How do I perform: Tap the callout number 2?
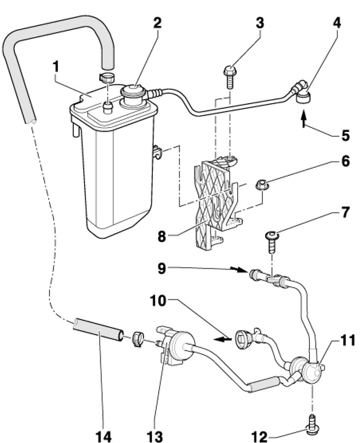tap(157, 23)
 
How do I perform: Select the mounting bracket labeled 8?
tap(218, 204)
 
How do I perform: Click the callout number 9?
tap(162, 268)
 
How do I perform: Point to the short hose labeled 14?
tap(98, 330)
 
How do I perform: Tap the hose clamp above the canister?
tap(107, 77)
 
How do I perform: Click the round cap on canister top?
tap(134, 93)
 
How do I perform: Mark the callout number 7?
tap(344, 212)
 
